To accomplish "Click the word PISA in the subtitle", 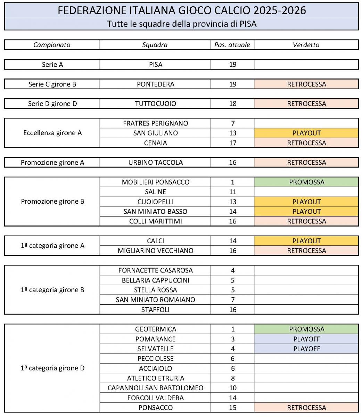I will point(248,24).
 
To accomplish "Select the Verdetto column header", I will point(306,45).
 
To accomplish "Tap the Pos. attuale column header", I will point(232,45).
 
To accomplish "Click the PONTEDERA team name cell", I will point(155,84).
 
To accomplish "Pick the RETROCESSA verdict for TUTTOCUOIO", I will point(306,104).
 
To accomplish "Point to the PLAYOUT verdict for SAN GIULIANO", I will point(306,133).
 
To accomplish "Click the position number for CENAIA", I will point(232,143).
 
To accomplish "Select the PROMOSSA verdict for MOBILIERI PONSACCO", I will point(306,182).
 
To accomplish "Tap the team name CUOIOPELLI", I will point(155,202).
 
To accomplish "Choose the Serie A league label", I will point(52,65).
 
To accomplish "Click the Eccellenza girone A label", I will point(52,133).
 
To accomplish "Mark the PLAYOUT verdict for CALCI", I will point(306,241).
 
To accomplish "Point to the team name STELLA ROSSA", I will point(155,290).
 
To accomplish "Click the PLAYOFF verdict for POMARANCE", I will point(306,339).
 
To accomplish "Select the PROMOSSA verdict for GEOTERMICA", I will point(306,329).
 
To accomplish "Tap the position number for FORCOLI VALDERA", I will point(232,398).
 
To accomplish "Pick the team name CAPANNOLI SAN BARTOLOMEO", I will point(155,388).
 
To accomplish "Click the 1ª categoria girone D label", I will point(52,368).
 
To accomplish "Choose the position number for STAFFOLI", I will point(232,310).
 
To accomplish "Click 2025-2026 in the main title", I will point(279,10).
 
